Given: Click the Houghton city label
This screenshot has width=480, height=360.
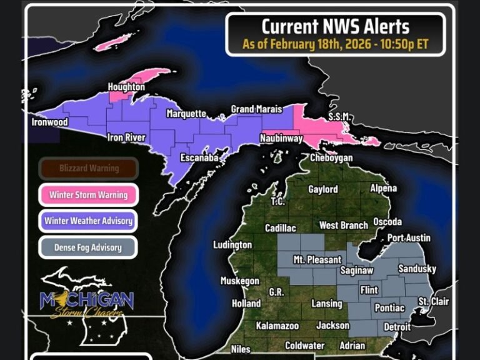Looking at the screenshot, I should coord(126,87).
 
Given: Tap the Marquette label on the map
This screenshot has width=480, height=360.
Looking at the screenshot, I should coord(186,114).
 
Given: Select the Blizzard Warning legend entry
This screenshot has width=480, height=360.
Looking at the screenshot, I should coord(89,168).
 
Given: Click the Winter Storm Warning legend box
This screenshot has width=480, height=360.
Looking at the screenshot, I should coord(88,194).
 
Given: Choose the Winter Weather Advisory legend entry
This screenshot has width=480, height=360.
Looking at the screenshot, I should coord(88,221).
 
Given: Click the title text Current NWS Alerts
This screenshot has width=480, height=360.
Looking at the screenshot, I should coord(335,27).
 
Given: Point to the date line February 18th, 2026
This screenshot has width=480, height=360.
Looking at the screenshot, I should coord(335,45).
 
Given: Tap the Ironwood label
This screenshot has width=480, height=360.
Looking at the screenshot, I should coord(49,122).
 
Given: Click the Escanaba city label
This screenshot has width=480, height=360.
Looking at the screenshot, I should coord(199,158).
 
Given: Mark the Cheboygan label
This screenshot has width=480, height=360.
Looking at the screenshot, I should coord(331,158).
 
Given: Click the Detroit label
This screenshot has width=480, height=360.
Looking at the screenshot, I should coord(397,327).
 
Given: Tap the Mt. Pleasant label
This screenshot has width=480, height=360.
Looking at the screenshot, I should coord(317,259).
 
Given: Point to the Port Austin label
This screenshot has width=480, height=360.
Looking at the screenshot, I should coord(409,238).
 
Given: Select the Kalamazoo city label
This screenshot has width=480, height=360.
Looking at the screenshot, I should coord(277,326).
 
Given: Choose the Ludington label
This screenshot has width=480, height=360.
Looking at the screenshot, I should coord(232,245).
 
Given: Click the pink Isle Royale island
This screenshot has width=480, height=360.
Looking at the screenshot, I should coord(117,42).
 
